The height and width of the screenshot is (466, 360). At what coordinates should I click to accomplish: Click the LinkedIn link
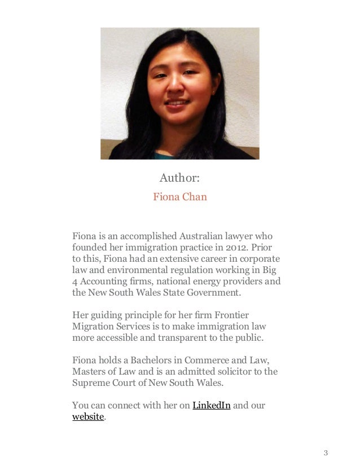(x=212, y=406)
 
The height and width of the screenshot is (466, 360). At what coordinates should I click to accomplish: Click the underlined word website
(x=88, y=417)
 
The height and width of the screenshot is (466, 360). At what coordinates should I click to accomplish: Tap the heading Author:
(x=179, y=178)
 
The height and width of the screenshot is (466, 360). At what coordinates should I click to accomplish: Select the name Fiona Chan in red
(x=180, y=197)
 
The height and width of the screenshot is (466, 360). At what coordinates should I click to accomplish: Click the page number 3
(x=326, y=453)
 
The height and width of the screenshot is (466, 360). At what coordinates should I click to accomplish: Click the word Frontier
(x=230, y=315)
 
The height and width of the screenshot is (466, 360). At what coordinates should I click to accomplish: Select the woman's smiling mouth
(x=178, y=105)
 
